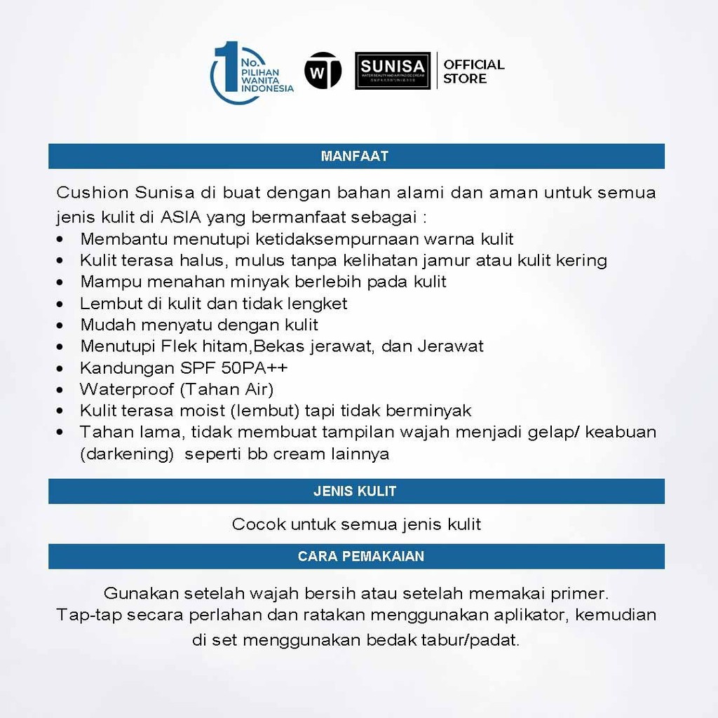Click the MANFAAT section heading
(x=355, y=156)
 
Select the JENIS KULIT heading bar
(x=355, y=492)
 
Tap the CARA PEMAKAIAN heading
(x=360, y=556)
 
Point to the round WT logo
(x=323, y=72)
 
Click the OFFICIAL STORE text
(x=473, y=72)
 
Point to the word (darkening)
(x=127, y=454)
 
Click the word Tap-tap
(x=83, y=615)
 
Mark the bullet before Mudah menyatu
(x=63, y=325)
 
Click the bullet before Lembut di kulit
(x=63, y=304)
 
